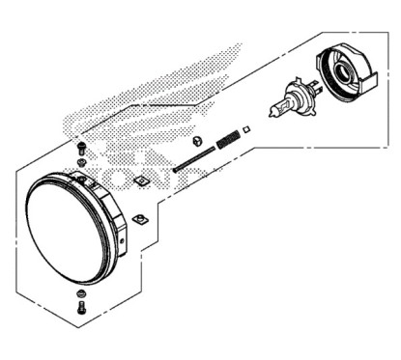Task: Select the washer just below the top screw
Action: click(x=80, y=160)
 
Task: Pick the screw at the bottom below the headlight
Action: click(x=80, y=308)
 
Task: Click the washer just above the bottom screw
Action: click(x=80, y=291)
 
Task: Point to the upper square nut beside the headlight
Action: click(x=142, y=180)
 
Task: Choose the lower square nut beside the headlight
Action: click(x=139, y=219)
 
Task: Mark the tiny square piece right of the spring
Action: click(x=248, y=127)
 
